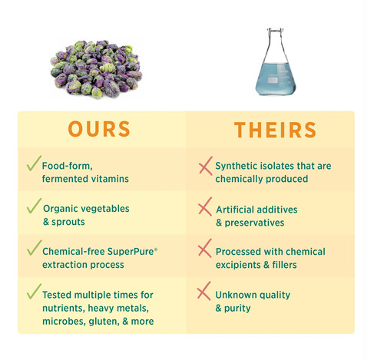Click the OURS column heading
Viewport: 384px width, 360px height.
click(x=99, y=129)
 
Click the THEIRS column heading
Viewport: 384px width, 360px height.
click(x=275, y=130)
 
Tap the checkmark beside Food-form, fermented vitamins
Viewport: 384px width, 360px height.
click(x=34, y=163)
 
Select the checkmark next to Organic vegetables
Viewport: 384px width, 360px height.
click(x=34, y=206)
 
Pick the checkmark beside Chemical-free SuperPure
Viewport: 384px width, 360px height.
click(x=34, y=248)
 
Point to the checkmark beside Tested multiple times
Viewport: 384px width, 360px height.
click(x=34, y=292)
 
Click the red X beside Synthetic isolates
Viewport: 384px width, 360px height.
click(x=206, y=166)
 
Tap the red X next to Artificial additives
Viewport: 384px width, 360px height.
click(x=205, y=206)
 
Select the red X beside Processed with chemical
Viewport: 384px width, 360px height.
click(x=205, y=248)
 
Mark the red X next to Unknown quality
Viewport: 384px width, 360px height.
click(x=204, y=291)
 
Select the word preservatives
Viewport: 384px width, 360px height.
click(x=254, y=223)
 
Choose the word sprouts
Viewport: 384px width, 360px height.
click(x=68, y=222)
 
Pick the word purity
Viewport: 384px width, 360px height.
click(x=237, y=308)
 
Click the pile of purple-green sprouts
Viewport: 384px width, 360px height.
click(x=96, y=69)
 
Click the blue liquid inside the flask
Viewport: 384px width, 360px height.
click(x=276, y=79)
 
